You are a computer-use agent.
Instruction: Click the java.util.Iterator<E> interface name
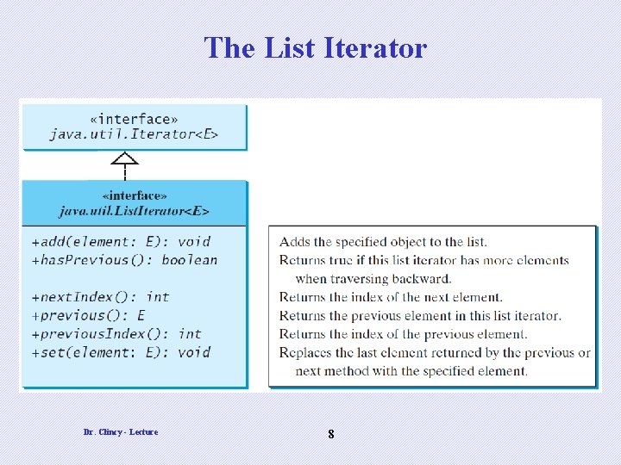pyautogui.click(x=134, y=134)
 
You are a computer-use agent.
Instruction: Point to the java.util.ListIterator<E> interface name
pyautogui.click(x=134, y=210)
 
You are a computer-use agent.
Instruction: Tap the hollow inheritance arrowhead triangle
pyautogui.click(x=125, y=158)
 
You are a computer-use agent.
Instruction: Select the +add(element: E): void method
pyautogui.click(x=121, y=241)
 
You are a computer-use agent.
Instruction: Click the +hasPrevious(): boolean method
pyautogui.click(x=124, y=260)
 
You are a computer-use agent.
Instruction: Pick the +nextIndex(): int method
pyautogui.click(x=100, y=297)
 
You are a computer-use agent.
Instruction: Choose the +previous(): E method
pyautogui.click(x=88, y=315)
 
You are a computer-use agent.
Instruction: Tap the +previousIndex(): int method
pyautogui.click(x=116, y=333)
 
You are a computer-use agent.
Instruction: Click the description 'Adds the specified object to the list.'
pyautogui.click(x=383, y=242)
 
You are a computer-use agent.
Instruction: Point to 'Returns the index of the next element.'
pyautogui.click(x=391, y=297)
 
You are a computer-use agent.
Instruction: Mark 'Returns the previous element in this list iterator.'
pyautogui.click(x=420, y=316)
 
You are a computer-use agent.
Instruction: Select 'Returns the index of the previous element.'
pyautogui.click(x=403, y=334)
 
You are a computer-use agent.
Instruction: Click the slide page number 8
pyautogui.click(x=331, y=435)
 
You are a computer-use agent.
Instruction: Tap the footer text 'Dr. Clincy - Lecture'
pyautogui.click(x=121, y=431)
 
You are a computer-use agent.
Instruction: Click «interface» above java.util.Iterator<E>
pyautogui.click(x=134, y=119)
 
